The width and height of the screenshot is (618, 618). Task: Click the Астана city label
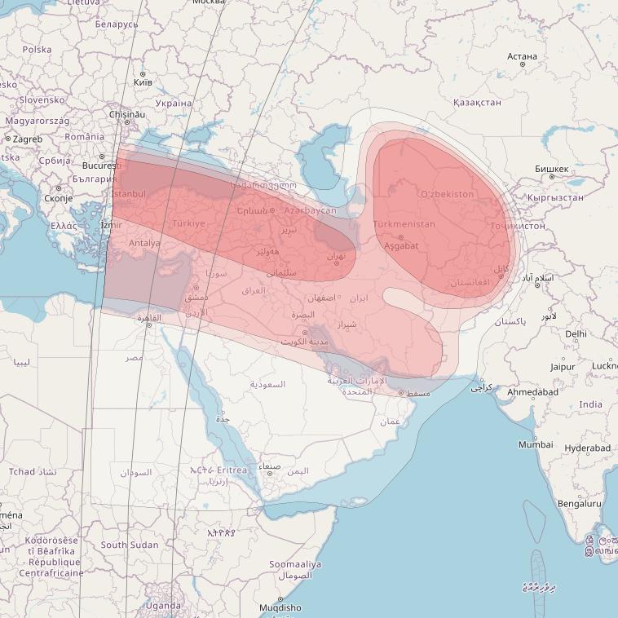(522, 56)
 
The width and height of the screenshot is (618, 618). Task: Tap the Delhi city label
(576, 333)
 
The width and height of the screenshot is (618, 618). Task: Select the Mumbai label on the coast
(536, 444)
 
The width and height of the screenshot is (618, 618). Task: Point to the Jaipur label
(562, 367)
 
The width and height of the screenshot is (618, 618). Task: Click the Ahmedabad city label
(532, 392)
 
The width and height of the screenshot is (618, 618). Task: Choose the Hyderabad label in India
(587, 448)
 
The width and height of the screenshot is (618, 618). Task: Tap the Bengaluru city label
(578, 504)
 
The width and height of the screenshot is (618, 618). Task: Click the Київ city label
(142, 82)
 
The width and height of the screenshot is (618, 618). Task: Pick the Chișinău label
(126, 115)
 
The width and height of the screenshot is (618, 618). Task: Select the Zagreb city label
(27, 139)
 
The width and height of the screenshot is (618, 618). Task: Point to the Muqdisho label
(280, 607)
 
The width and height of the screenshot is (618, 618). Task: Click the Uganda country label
(163, 606)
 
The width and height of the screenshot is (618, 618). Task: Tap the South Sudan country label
(130, 545)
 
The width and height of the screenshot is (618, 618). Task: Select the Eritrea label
(232, 470)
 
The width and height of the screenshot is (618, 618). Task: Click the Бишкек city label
(551, 168)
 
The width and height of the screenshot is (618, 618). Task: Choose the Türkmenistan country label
(404, 224)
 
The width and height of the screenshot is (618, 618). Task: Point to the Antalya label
(144, 243)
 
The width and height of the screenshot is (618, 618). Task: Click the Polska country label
(37, 50)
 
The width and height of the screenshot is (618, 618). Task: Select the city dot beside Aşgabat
(400, 237)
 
